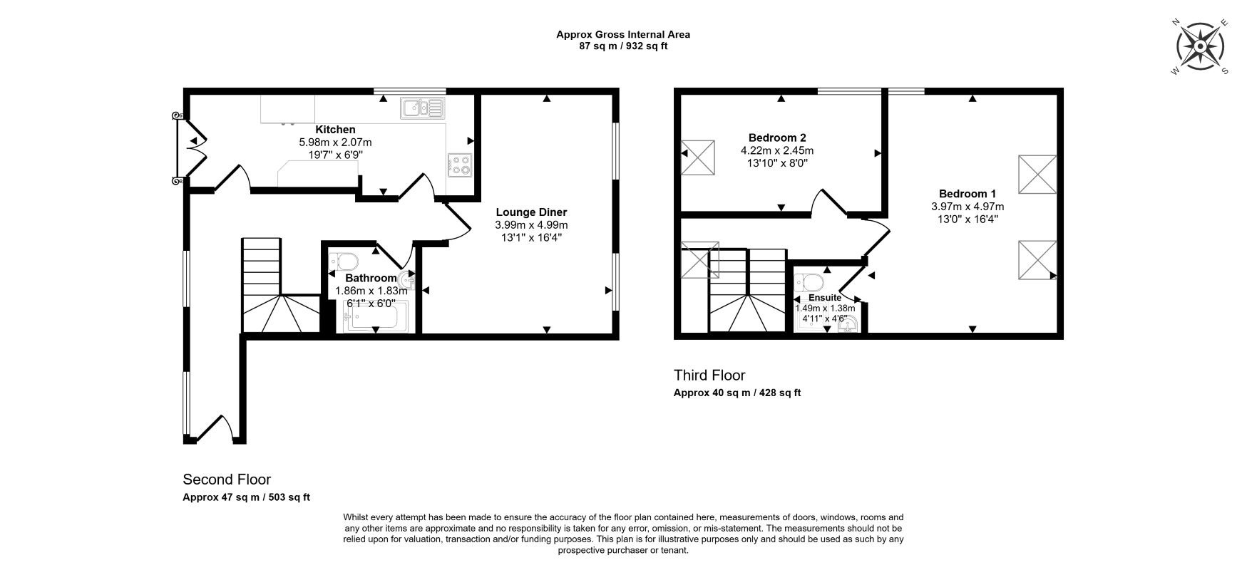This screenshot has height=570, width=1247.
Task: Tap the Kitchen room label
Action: [335, 130]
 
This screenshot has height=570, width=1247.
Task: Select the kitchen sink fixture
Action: [423, 108]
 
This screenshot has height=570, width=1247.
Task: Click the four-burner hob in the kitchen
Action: [460, 165]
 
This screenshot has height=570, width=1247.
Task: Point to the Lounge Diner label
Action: [531, 212]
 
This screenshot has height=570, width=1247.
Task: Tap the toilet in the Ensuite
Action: [811, 281]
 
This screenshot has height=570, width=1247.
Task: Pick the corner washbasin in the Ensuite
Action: [851, 326]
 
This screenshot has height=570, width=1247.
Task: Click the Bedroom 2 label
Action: [777, 138]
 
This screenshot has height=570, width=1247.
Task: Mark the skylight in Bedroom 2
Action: [698, 157]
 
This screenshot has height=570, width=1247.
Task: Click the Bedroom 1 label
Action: [968, 194]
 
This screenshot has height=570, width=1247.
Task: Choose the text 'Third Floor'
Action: [709, 375]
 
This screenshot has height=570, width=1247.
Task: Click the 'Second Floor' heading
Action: [227, 480]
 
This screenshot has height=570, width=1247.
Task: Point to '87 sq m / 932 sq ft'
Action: [622, 46]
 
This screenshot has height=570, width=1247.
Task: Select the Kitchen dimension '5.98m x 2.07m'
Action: [335, 142]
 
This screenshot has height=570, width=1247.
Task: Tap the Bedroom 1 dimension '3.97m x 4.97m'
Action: [968, 207]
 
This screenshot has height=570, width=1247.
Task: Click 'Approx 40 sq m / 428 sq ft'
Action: [737, 393]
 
